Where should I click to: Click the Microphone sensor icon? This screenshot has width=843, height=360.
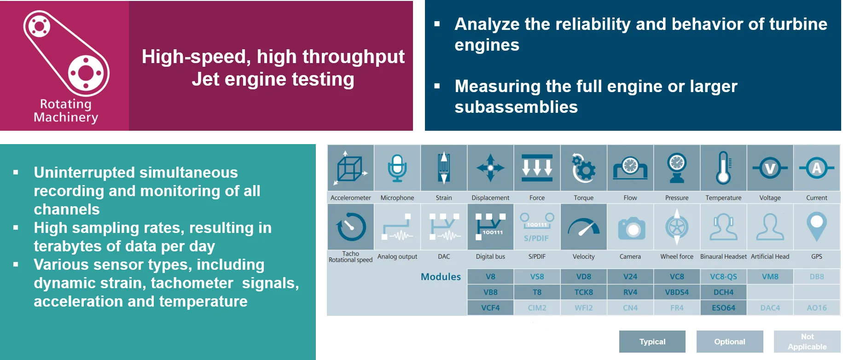[397, 168]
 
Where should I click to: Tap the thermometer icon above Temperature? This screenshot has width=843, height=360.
[723, 168]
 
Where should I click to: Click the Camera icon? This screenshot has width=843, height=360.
[630, 228]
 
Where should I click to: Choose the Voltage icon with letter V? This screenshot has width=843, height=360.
[770, 168]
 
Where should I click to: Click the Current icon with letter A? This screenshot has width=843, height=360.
[816, 168]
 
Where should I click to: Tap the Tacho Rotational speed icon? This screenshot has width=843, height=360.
[351, 226]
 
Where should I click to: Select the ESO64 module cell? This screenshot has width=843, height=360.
[723, 308]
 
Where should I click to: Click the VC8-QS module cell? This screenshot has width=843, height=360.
[723, 277]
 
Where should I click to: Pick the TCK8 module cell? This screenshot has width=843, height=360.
[583, 292]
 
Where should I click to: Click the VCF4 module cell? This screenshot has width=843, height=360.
[490, 308]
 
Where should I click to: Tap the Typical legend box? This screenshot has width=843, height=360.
[652, 342]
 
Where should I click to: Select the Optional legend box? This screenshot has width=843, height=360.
[730, 342]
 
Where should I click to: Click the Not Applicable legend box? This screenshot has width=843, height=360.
[807, 342]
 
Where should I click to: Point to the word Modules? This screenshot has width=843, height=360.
[441, 277]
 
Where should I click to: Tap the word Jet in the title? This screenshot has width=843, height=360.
[205, 79]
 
